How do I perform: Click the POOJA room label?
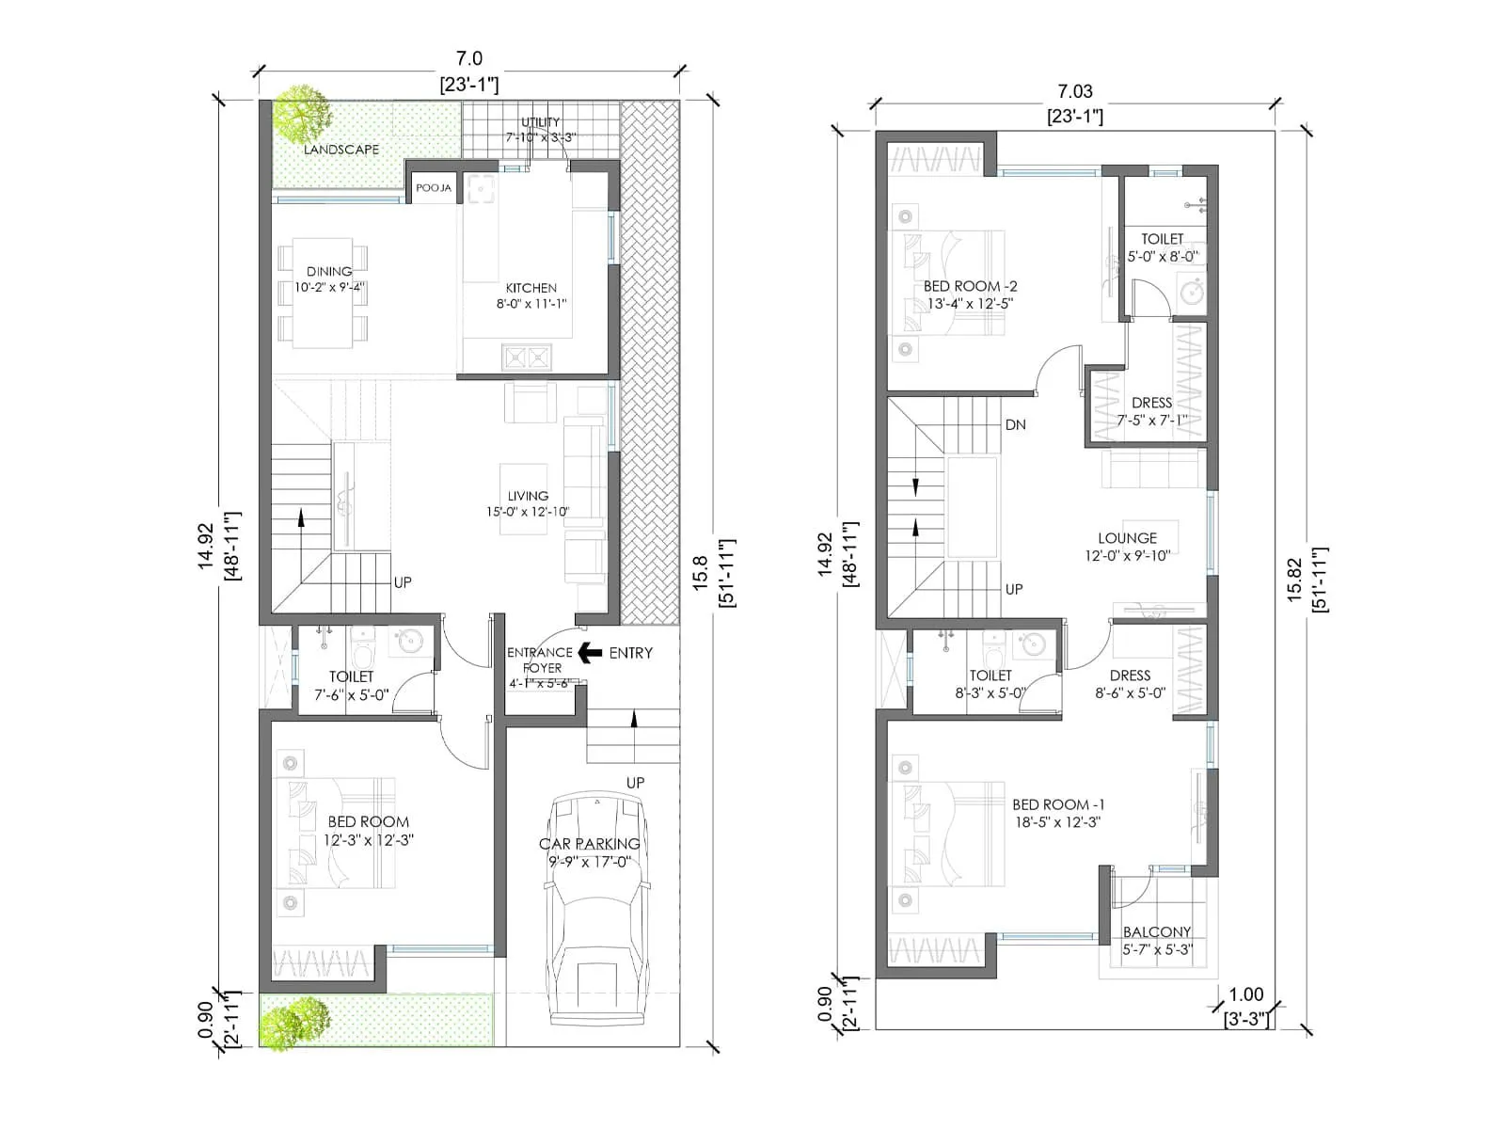[434, 188]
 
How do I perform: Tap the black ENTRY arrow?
[590, 652]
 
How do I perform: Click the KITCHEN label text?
[531, 288]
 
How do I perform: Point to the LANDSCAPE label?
[341, 150]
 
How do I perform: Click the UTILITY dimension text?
[540, 137]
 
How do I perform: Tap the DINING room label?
[329, 271]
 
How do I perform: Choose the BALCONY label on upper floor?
[1157, 931]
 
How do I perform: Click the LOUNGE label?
[1127, 538]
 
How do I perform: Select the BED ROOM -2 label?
[970, 286]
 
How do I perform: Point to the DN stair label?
[1015, 425]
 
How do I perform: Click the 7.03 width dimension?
[1074, 91]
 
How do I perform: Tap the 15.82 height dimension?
[1294, 580]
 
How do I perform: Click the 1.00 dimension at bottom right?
[1245, 994]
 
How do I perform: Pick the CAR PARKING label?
[589, 844]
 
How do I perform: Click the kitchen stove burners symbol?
[526, 358]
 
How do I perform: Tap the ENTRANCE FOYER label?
[540, 660]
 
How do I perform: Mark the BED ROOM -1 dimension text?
[1057, 822]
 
